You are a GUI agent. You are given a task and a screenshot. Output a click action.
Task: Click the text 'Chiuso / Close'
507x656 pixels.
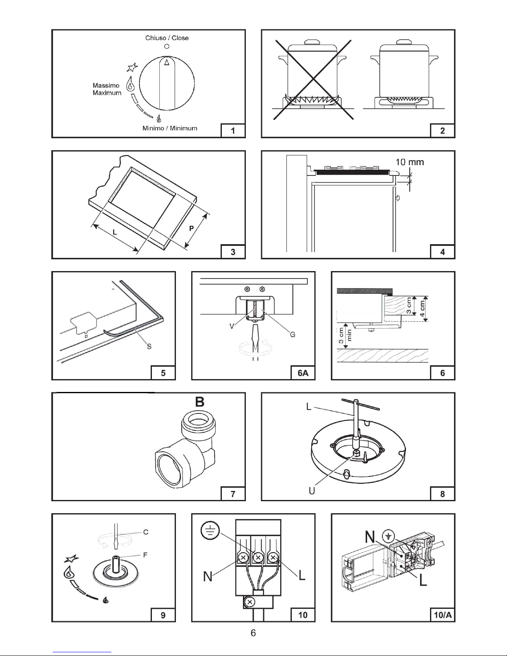[x=167, y=38]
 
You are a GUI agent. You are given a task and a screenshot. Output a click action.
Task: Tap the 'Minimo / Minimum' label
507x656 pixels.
[x=170, y=128]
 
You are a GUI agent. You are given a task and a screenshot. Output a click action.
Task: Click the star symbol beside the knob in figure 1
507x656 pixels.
[x=132, y=67]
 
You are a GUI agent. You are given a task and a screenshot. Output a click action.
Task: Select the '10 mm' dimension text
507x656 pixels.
[x=409, y=162]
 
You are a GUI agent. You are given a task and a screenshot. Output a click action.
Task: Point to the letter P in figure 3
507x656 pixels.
[x=191, y=228]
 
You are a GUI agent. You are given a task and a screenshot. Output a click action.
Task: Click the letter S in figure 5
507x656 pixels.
[x=149, y=346]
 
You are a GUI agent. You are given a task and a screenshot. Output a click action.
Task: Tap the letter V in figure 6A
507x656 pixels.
[x=232, y=326]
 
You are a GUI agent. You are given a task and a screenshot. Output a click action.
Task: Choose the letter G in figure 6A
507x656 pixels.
[x=293, y=334]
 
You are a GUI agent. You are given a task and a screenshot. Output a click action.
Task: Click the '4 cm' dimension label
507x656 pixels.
[x=422, y=308]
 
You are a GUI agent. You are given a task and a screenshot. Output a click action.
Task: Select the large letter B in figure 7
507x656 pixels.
[x=200, y=402]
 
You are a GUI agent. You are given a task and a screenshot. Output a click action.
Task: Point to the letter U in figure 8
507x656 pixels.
[x=312, y=491]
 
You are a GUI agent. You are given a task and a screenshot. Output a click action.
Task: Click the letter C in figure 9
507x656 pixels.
[x=146, y=532]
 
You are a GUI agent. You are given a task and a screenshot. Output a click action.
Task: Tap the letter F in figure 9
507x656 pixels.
[x=145, y=555]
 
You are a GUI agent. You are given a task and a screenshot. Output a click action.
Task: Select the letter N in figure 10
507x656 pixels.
[x=208, y=576]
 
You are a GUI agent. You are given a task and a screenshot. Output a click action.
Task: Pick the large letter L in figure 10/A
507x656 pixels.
[x=423, y=580]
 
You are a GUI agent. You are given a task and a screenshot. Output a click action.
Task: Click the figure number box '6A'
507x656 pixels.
[x=303, y=373]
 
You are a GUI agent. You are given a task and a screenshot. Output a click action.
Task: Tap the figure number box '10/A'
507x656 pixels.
[x=442, y=615]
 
